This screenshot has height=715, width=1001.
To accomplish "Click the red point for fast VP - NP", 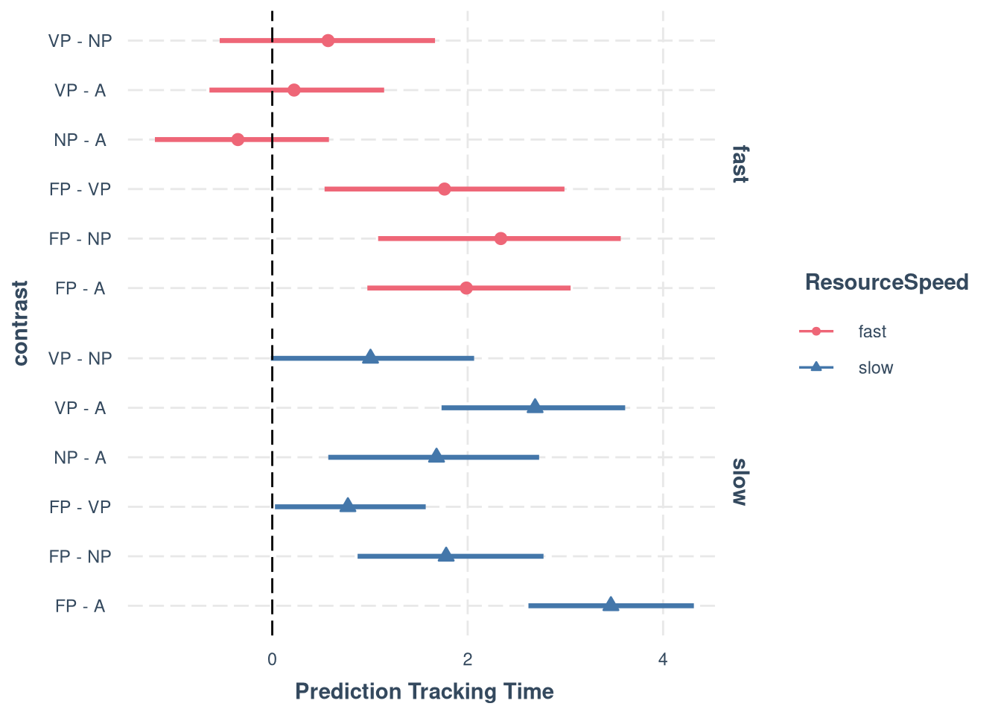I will [x=328, y=40].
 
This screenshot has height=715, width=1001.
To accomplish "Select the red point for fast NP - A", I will [x=238, y=139].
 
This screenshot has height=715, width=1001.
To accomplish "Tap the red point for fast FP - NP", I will [x=500, y=238].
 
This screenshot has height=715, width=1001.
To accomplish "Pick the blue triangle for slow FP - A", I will [x=611, y=605].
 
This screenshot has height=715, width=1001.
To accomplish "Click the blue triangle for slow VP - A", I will [x=535, y=407].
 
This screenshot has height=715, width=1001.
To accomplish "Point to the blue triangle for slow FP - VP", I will [x=348, y=506].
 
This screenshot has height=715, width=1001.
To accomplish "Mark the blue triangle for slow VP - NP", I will [x=370, y=357].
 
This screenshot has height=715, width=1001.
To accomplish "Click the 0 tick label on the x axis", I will [x=272, y=659].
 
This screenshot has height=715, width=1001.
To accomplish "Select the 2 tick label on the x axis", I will [x=467, y=659].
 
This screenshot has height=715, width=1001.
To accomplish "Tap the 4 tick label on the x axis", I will [x=663, y=659].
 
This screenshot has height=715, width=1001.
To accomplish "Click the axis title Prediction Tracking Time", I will [x=425, y=692].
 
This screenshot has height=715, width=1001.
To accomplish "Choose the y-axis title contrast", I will [x=20, y=323].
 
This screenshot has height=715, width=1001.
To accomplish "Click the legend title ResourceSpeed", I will [x=886, y=282].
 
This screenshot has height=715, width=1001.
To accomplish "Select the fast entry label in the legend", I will [x=872, y=331].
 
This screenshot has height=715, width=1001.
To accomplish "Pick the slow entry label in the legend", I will [x=875, y=368].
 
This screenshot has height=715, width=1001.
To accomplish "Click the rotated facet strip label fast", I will [x=739, y=164].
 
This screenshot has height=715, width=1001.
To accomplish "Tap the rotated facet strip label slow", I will [x=739, y=482].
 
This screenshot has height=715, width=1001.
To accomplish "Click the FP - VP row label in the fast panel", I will [x=80, y=189].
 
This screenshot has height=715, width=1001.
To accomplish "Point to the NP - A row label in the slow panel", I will [x=80, y=457].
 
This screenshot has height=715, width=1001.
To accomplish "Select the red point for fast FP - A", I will [x=466, y=288].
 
